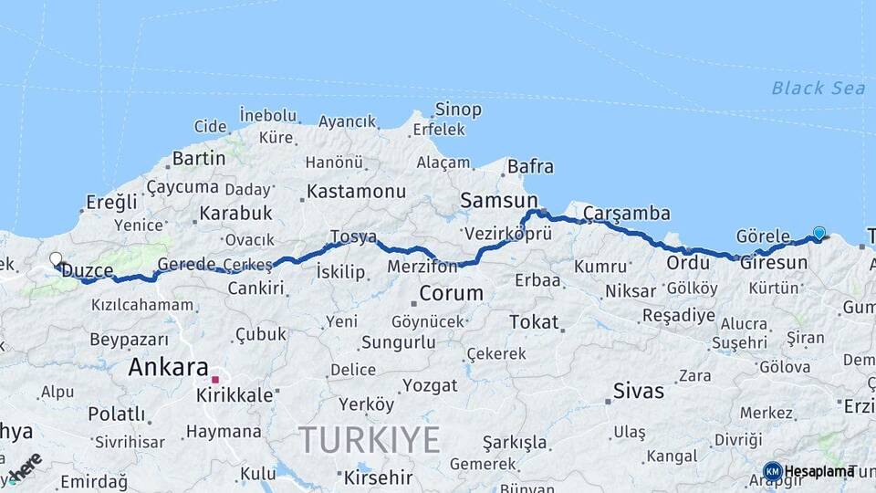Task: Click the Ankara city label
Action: tap(168, 368)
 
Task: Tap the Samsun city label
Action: tap(499, 200)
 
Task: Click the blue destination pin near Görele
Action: tap(819, 234)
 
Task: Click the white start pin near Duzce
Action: tap(56, 260)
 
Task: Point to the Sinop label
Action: tap(458, 110)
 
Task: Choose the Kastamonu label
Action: tap(356, 192)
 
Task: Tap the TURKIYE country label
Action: tap(370, 440)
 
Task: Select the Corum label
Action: tap(451, 294)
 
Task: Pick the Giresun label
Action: tap(774, 263)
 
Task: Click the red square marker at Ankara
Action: tap(215, 379)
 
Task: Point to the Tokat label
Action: tap(534, 321)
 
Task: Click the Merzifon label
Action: tap(422, 267)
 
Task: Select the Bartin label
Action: tap(198, 158)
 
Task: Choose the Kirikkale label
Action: tap(235, 395)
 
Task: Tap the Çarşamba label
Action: tap(626, 214)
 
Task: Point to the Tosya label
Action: tap(353, 236)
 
